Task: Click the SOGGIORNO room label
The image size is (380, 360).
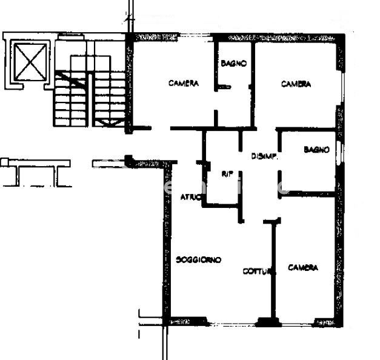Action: pos(198,260)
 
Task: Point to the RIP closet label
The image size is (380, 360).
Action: pos(227,174)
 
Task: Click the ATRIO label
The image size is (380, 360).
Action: pos(191,196)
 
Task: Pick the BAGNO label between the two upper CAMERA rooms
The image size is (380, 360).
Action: pos(233,63)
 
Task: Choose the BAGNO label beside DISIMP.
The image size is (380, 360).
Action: pos(316,149)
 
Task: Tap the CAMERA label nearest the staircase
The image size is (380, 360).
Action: pos(183,84)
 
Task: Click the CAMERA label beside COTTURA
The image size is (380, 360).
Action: pos(302,268)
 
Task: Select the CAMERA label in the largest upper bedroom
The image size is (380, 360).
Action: pos(296,84)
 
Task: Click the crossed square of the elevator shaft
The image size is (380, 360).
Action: pos(29,62)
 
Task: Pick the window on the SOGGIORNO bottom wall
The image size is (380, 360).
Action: pos(188,321)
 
